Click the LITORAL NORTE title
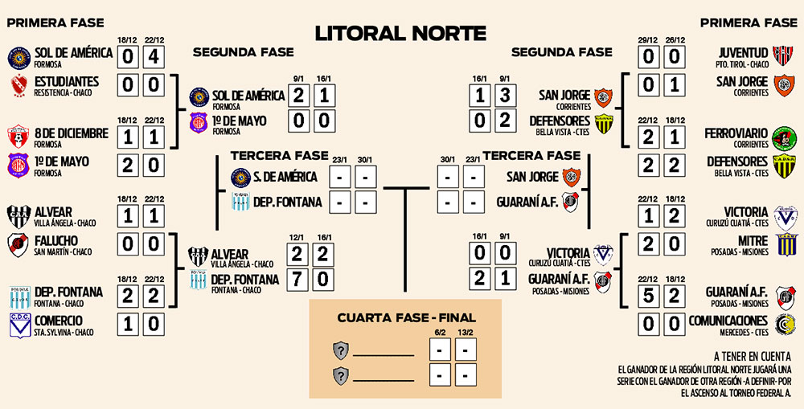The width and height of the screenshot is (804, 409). point(400,33)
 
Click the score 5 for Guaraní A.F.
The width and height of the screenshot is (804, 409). point(650,296)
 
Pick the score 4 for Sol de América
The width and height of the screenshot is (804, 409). point(155,57)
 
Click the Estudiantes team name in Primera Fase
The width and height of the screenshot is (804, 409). point(66,81)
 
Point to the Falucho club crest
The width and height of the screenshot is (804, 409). point(18,244)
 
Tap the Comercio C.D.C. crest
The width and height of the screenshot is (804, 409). point(18,324)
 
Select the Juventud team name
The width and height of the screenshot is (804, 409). point(744,53)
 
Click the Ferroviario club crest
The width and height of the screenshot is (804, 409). point(783,137)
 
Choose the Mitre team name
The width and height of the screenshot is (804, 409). point(752,239)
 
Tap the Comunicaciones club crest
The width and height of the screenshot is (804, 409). point(784,324)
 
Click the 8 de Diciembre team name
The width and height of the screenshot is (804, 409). point(71,133)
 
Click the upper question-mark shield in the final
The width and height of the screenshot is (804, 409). point(342,350)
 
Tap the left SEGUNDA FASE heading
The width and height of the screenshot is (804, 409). point(243,52)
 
